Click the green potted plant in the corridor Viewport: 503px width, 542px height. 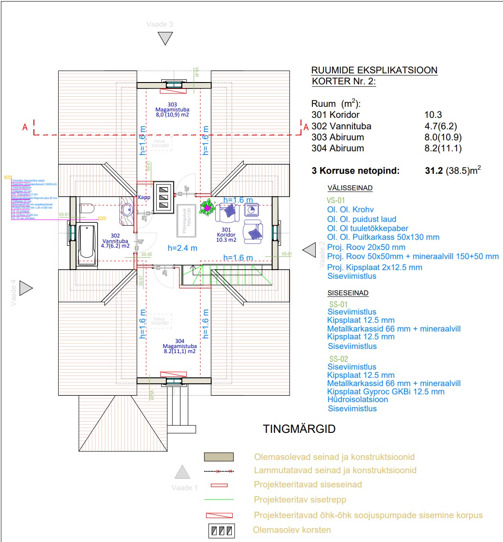coord(208,208)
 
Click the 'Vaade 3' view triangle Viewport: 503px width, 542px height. coord(165,39)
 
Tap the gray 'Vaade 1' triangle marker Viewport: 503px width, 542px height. coord(182,472)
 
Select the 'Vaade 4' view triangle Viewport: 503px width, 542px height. coord(26,288)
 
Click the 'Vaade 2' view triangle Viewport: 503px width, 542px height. coord(310,250)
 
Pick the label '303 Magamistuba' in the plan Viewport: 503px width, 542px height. coord(172,110)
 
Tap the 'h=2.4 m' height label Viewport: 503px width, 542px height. coord(182,248)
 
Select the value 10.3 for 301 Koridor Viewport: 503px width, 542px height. coord(433,115)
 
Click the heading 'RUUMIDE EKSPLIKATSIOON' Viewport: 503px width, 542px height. coord(374,71)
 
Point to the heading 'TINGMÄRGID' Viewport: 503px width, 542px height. coord(299,429)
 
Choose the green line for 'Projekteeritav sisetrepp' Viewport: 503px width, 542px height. coord(219,500)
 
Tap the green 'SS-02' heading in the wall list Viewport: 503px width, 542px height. coord(339,359)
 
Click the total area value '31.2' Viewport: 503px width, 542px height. coord(434,171)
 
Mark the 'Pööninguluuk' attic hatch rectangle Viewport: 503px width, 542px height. coord(187,220)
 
